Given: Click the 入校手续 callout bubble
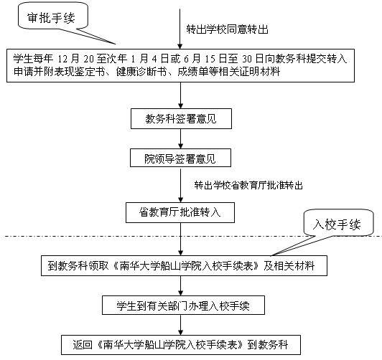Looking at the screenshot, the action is tap(338, 223).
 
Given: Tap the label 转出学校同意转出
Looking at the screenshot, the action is tap(227, 29).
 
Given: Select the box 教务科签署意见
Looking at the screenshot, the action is tap(181, 119).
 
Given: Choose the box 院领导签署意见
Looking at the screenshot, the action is tap(180, 158).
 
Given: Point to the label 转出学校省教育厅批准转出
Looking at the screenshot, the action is tap(248, 185).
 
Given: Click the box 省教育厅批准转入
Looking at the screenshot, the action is tap(180, 212).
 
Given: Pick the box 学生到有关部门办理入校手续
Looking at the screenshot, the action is tap(183, 305).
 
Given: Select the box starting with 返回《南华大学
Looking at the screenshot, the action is tap(181, 345).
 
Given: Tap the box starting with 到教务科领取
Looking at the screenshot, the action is tap(184, 265).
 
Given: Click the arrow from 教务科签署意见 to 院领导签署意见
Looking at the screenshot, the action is tap(180, 138).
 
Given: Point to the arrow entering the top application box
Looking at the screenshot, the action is tap(180, 29).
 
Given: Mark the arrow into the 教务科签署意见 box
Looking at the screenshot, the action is tap(180, 95).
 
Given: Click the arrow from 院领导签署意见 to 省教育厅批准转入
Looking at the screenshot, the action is tap(180, 185).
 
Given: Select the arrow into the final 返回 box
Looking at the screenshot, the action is tap(180, 325).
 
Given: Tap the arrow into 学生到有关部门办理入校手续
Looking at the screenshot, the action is tap(180, 286).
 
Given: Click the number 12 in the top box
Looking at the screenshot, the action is tap(62, 59).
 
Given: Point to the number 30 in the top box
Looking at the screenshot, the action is tap(247, 59).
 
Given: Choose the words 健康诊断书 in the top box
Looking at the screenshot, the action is tap(141, 72).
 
